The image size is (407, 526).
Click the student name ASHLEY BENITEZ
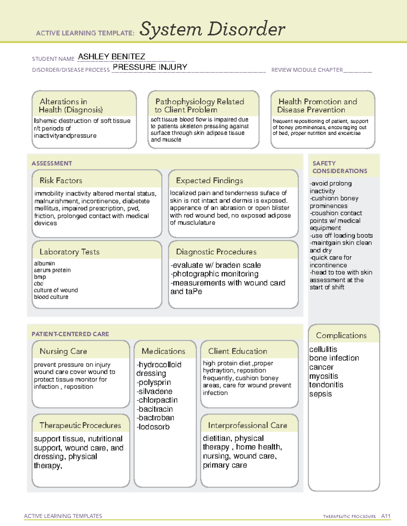pos(112,57)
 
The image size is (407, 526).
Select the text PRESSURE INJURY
pos(150,67)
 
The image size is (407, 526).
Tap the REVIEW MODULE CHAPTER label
pos(307,70)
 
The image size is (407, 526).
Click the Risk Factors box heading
pos(61,181)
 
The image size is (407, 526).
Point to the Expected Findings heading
pos(210,181)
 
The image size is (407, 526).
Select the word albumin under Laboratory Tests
pos(44,263)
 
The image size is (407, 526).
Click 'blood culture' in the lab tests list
pos(51,297)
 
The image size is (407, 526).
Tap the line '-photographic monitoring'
pos(215,274)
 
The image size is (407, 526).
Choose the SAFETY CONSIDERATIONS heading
pos(340,167)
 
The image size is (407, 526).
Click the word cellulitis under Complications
pos(323,349)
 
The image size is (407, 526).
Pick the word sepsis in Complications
pos(321,394)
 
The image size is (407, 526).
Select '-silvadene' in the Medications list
pos(155,391)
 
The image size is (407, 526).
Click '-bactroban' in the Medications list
pos(156,418)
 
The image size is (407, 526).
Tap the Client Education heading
pos(237,351)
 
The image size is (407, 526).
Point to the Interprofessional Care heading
pos(248,425)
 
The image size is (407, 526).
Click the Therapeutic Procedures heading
pos(80,425)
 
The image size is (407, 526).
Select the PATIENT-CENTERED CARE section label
pos(71,334)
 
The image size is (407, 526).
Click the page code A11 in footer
pos(386,516)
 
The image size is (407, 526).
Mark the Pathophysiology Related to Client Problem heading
pos(199,105)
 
